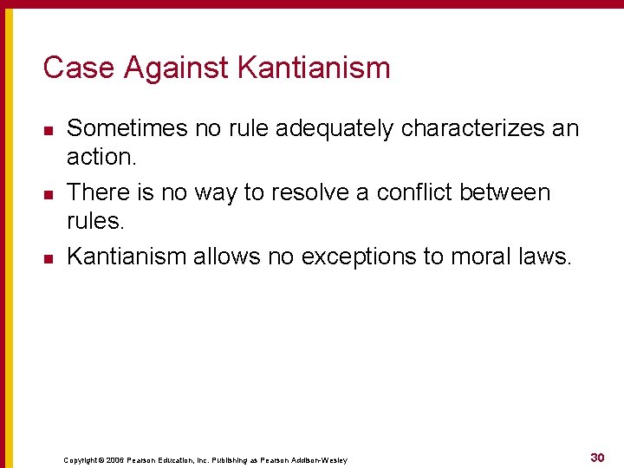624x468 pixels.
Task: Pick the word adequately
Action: [x=334, y=128]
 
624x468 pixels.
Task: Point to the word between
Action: [x=510, y=192]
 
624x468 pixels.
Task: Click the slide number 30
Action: [x=597, y=458]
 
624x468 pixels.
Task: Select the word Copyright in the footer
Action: [x=81, y=460]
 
